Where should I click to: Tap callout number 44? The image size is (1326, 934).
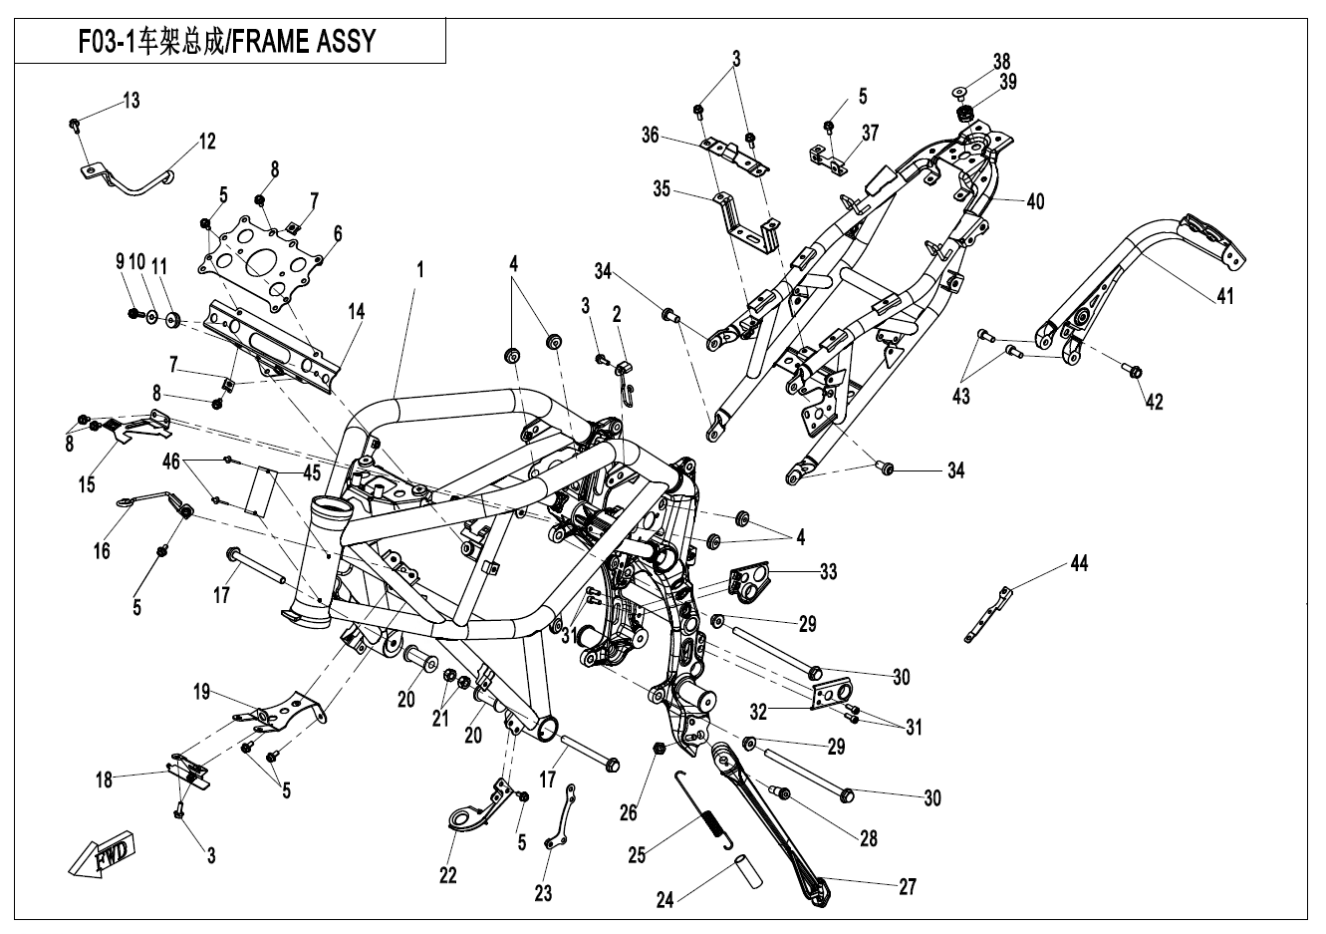[1079, 564]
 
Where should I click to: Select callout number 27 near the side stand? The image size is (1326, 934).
[907, 885]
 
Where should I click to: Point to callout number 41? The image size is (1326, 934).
[1223, 296]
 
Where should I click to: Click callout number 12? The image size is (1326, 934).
[206, 142]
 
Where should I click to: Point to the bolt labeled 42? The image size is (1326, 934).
[1136, 372]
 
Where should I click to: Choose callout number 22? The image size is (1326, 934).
[447, 875]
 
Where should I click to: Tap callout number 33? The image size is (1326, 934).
[828, 572]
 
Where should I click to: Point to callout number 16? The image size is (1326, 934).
[102, 549]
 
